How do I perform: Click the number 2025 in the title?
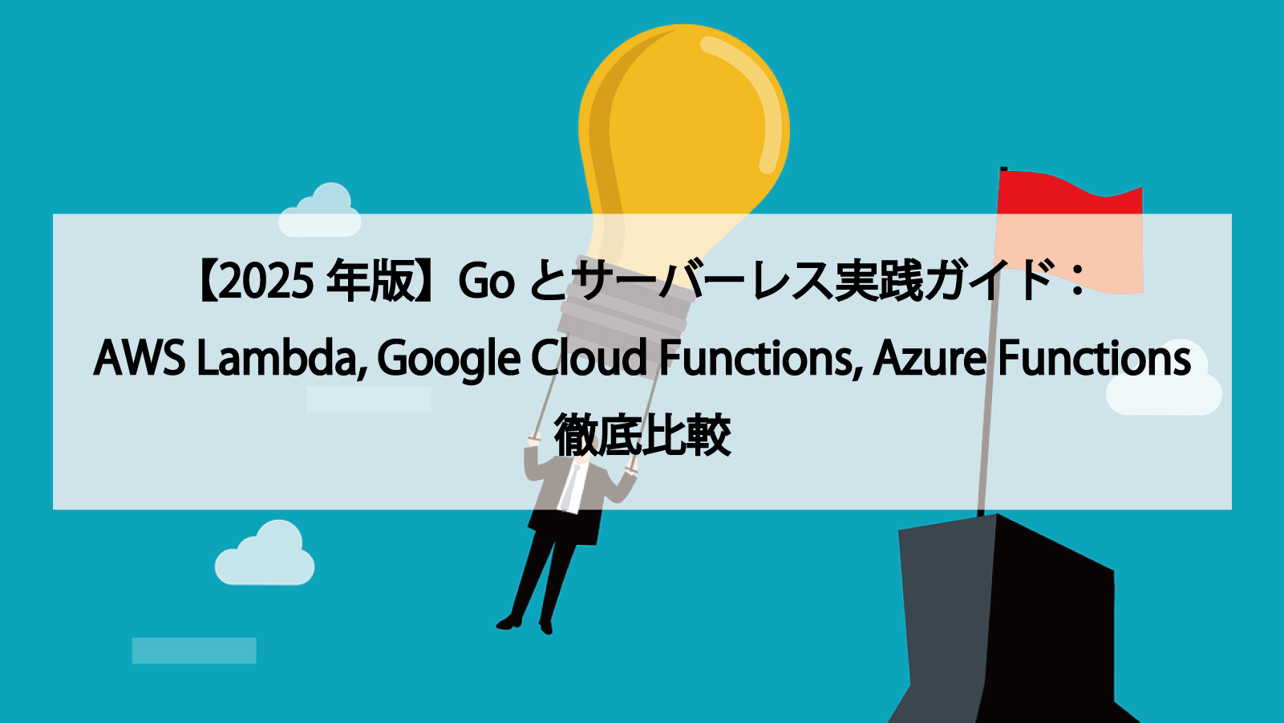click(x=265, y=282)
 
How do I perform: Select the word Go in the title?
click(x=486, y=282)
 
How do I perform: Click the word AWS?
click(x=140, y=358)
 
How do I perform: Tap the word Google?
click(x=448, y=359)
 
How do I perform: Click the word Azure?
click(x=929, y=358)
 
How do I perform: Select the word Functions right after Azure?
click(x=1095, y=358)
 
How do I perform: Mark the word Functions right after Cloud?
click(x=759, y=358)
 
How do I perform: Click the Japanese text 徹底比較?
click(x=642, y=435)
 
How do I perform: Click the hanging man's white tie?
click(x=572, y=486)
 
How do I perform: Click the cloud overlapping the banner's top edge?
click(x=320, y=212)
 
